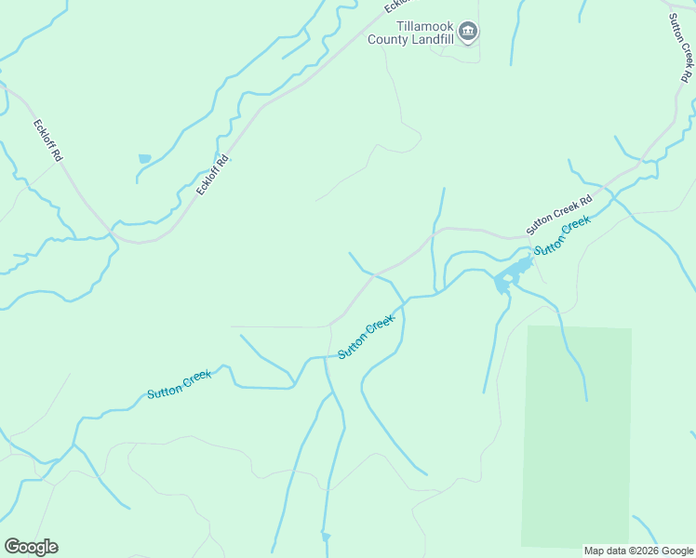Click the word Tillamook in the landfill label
(422, 27)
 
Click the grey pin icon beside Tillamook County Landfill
(469, 33)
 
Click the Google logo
(31, 547)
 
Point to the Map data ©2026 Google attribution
(638, 551)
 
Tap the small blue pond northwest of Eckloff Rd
(144, 159)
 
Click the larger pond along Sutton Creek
(509, 273)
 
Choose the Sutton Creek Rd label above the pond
(558, 214)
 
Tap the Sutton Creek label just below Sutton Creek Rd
(563, 236)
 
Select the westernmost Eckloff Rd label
(47, 141)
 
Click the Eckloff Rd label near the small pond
(213, 174)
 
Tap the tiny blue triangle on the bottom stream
(325, 537)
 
